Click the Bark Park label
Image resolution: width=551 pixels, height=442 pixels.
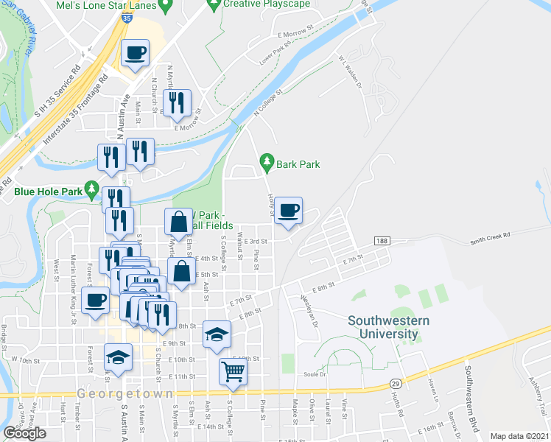[298, 164]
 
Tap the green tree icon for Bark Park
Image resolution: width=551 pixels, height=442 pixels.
[266, 161]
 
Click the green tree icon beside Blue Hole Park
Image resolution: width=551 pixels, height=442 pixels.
[91, 190]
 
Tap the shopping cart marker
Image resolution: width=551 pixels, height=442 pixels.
[233, 372]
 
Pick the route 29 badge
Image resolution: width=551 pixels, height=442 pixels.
[395, 384]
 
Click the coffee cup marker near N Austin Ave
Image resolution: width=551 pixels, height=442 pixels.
[135, 54]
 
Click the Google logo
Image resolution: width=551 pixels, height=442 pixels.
[24, 433]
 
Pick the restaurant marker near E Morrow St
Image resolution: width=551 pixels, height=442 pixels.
[177, 104]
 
